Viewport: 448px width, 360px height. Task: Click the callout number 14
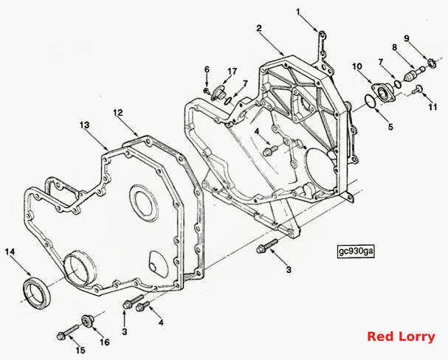10,252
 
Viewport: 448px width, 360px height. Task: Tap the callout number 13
85,125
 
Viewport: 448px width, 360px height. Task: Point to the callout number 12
117,113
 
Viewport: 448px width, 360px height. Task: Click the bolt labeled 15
68,332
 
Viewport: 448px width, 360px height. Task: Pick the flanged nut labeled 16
87,320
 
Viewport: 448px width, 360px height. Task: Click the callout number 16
105,342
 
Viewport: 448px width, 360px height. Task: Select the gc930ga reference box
356,251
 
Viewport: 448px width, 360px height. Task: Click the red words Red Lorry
401,336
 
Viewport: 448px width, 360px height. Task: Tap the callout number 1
298,12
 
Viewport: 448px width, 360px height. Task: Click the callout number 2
259,28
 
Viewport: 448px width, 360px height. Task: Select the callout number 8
395,47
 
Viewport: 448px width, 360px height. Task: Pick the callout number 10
357,67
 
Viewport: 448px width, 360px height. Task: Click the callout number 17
232,72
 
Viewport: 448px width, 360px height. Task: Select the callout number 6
207,69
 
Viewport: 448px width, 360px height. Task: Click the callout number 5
390,126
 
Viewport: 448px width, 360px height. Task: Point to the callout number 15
80,350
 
